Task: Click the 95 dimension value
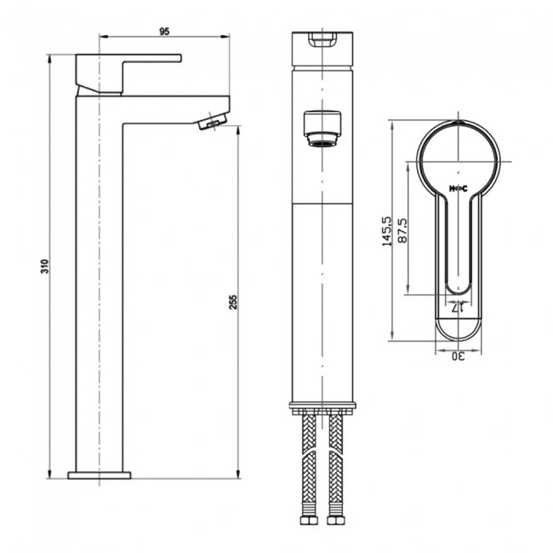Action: coord(165,31)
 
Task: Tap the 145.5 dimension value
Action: coord(388,231)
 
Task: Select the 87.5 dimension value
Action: coord(402,231)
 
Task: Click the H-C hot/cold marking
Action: coord(459,188)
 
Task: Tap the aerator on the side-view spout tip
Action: coord(210,124)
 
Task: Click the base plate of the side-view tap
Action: coord(100,474)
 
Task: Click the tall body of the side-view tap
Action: coord(100,289)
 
